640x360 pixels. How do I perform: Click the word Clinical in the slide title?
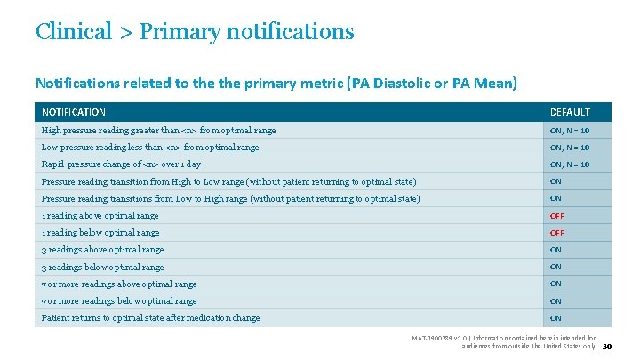pos(74,31)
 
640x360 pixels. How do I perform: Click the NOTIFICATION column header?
pos(74,112)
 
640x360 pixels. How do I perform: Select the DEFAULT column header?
pos(570,112)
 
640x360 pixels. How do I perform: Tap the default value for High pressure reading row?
pos(570,131)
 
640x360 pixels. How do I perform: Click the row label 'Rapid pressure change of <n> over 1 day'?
pos(121,164)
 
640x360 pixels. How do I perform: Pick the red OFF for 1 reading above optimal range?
pos(556,216)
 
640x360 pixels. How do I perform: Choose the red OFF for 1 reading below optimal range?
pos(556,233)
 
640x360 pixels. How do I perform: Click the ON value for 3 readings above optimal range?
pos(556,250)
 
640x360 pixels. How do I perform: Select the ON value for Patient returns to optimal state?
pos(556,318)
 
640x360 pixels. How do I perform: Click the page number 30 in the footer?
pos(608,347)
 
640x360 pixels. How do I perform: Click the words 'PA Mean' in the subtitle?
pos(482,84)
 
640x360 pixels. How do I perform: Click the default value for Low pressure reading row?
pos(570,148)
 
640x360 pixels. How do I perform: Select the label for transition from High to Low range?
pos(228,181)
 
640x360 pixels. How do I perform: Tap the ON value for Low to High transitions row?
pos(556,198)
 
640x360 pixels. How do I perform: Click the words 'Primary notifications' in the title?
pos(246,31)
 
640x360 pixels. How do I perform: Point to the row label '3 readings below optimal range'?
pos(103,268)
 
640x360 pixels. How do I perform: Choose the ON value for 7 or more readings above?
pos(556,284)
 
